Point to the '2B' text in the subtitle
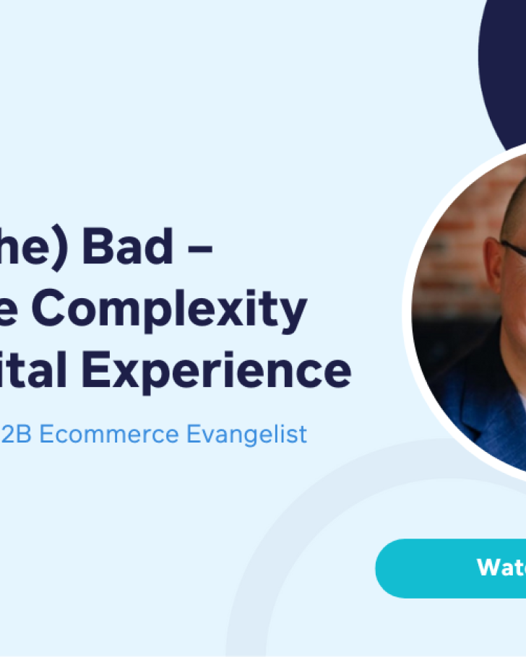16,434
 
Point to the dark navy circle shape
506,72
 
